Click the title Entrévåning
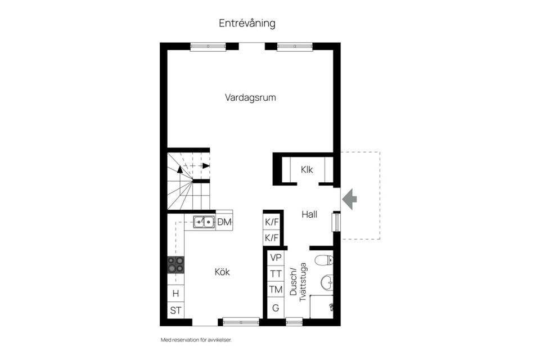coord(247,23)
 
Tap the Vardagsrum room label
coord(250,97)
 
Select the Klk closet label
coord(307,169)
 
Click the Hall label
coord(309,214)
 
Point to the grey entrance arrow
coord(349,199)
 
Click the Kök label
coord(222,272)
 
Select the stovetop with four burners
coord(175,264)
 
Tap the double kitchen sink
coord(204,222)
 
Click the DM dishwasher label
coord(224,222)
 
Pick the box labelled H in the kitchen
coord(175,294)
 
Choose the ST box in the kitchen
coord(175,310)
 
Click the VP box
coord(276,257)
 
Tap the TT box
coord(276,273)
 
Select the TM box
coord(276,289)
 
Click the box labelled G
coord(276,308)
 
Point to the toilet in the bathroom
coord(324,260)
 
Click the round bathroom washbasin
coord(327,283)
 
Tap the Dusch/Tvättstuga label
coord(298,282)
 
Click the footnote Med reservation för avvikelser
coord(196,340)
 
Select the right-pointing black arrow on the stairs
coord(206,166)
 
